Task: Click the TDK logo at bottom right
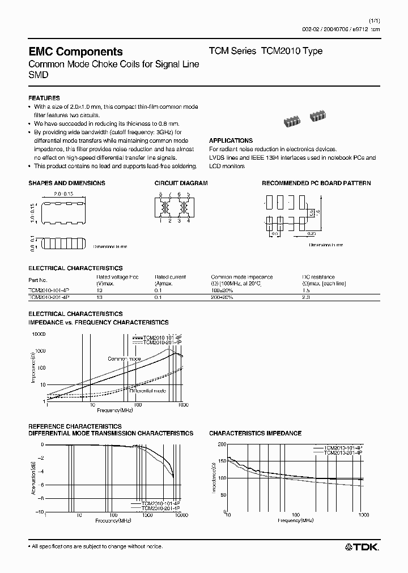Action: [362, 546]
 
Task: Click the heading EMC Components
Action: [75, 52]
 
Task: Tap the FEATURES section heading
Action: [44, 98]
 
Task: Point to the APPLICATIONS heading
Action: [231, 140]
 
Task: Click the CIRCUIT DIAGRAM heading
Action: [181, 183]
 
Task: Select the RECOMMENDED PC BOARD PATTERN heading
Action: [316, 183]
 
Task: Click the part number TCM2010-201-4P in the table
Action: [49, 296]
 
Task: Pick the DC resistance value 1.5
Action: [307, 289]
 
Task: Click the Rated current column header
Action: [170, 277]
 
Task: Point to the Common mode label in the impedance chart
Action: [124, 359]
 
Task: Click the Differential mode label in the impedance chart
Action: [147, 391]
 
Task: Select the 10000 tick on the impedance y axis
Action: [37, 335]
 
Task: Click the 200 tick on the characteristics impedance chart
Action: [221, 444]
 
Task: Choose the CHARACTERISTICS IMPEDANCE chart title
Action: [255, 433]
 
